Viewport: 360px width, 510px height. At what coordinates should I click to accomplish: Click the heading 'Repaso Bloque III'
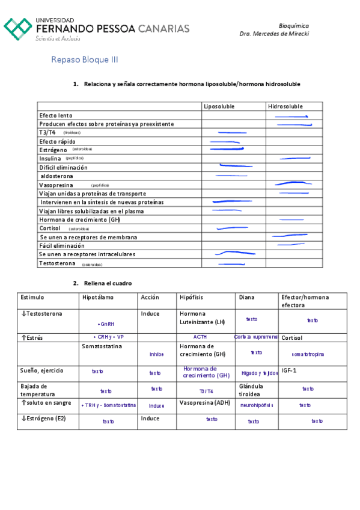pos(85,60)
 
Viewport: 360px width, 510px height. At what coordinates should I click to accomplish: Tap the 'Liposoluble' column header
pos(219,106)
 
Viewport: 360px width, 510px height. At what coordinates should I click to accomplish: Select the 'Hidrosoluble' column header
pos(285,106)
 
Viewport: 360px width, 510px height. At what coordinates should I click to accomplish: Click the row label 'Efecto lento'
pos(56,115)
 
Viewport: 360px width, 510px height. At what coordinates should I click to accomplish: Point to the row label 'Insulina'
pos(50,158)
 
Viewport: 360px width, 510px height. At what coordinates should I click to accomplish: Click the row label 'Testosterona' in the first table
pos(58,263)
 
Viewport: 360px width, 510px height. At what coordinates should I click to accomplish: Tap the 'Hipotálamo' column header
pos(97,297)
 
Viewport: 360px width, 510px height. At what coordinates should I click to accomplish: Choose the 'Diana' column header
pos(246,297)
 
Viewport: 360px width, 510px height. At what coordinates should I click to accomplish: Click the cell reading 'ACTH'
pos(200,337)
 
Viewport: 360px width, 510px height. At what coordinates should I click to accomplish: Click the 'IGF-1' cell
pos(290,370)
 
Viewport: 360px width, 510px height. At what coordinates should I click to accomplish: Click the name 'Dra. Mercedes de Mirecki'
pos(274,34)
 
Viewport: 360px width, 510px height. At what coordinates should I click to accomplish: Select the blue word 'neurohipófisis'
pos(257,405)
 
